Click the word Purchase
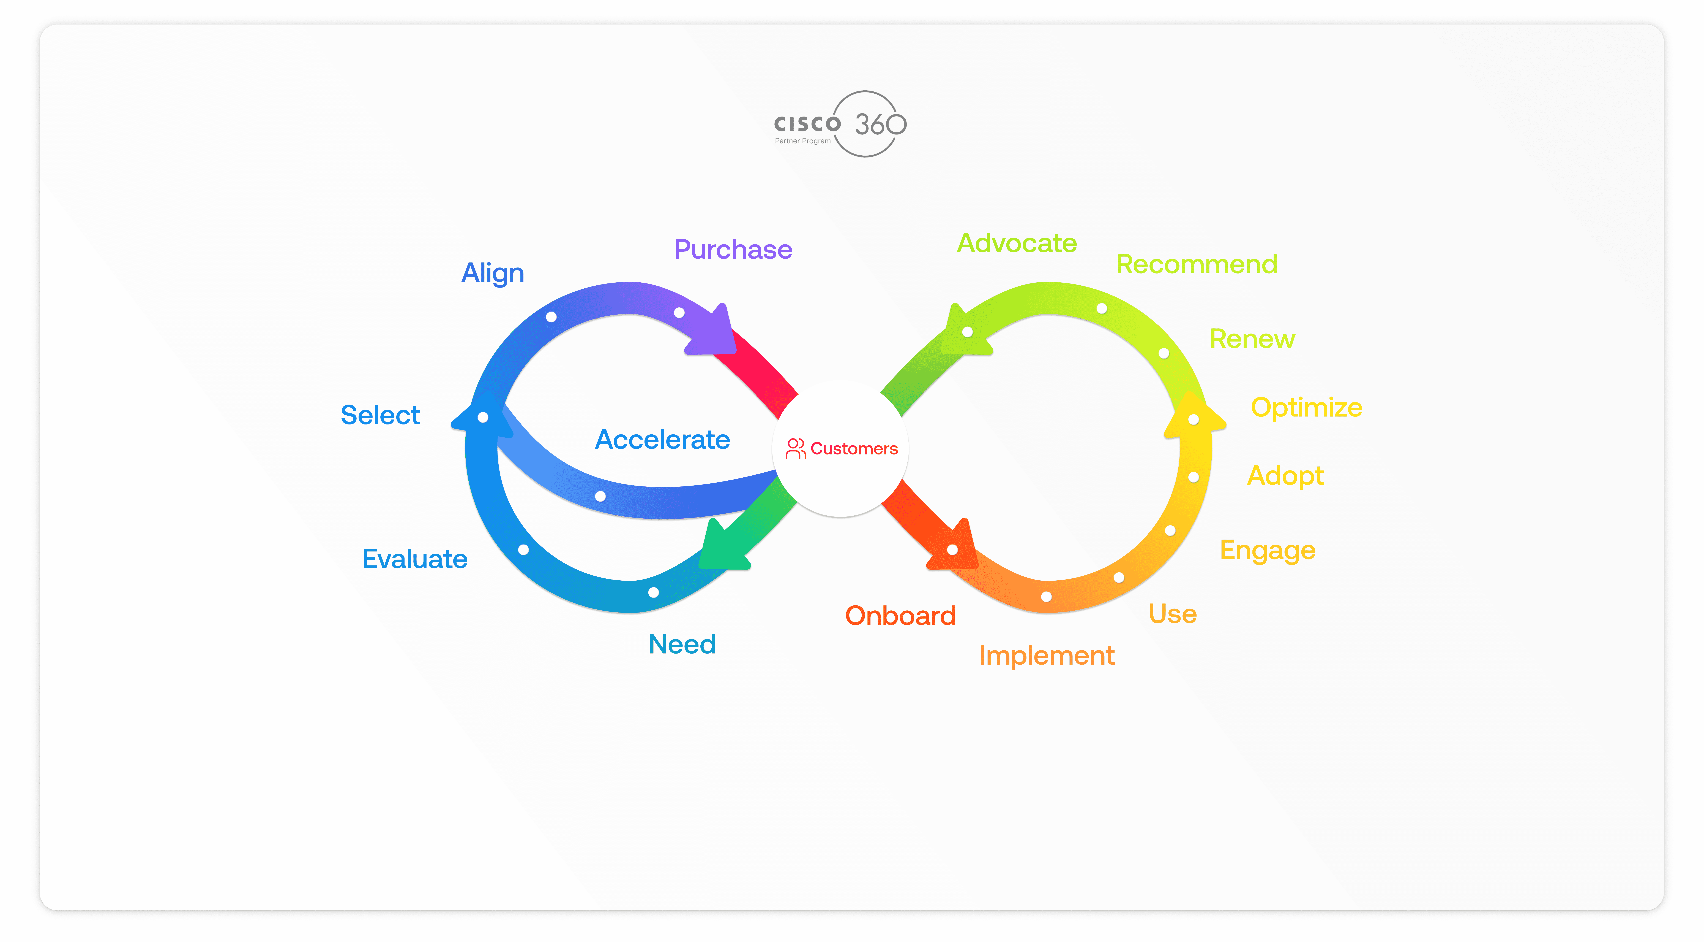[733, 250]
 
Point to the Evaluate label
[415, 559]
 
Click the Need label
[682, 644]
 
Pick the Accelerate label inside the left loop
[662, 440]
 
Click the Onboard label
[900, 616]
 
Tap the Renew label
[1252, 339]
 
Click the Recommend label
[1196, 264]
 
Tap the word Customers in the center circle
[854, 449]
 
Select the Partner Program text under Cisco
[802, 141]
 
